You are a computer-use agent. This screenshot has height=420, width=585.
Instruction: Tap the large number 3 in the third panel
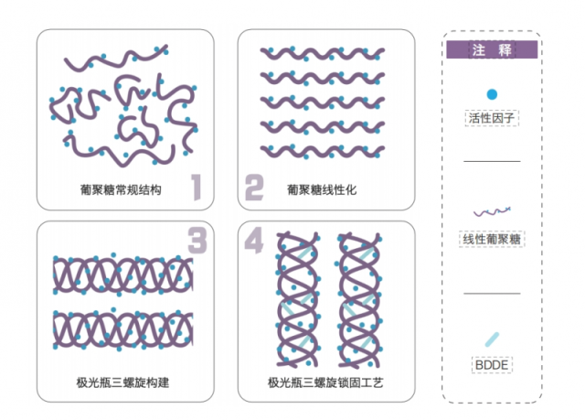[197, 241]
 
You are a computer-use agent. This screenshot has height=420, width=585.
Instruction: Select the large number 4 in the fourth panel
[253, 241]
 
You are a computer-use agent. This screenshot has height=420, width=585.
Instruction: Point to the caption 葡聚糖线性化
[320, 190]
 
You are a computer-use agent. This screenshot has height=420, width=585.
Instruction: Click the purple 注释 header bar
[491, 50]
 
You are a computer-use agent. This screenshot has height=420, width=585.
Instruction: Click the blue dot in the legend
[492, 94]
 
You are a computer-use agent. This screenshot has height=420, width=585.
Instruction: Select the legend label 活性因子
[492, 118]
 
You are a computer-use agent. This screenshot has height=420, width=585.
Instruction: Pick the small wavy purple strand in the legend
[492, 211]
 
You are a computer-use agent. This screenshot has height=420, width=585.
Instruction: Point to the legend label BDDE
[492, 363]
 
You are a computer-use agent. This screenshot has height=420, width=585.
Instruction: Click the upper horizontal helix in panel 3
[123, 274]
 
